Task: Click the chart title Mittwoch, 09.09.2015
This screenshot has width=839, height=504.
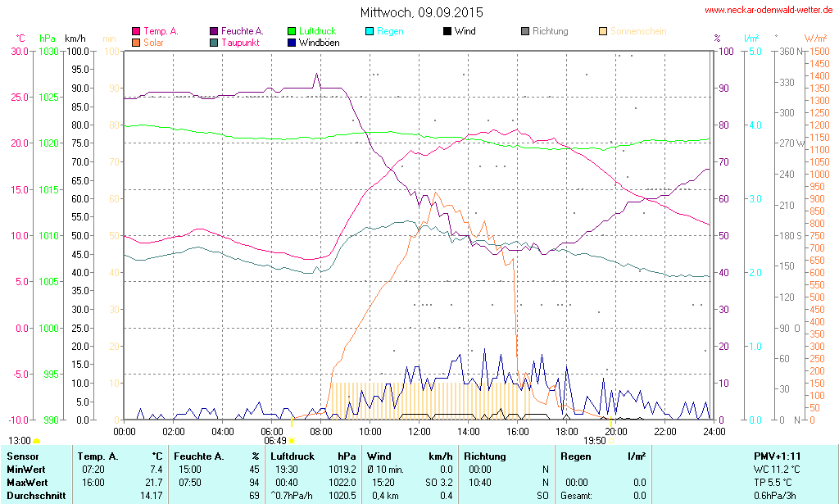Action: coord(421,12)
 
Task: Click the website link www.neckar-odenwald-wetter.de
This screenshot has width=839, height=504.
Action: coord(769,11)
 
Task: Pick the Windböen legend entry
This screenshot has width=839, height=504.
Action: coord(318,42)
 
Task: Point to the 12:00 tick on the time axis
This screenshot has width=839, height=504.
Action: coord(419,431)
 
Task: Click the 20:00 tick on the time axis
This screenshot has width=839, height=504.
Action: coord(616,431)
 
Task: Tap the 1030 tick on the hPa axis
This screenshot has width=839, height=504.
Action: coord(48,51)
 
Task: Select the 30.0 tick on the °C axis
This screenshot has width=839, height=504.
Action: coord(18,51)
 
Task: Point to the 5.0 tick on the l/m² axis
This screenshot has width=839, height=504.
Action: coord(754,51)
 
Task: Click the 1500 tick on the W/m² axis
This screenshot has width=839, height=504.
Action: coord(819,51)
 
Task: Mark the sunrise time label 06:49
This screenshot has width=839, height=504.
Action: coord(274,441)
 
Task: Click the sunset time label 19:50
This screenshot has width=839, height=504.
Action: coord(595,441)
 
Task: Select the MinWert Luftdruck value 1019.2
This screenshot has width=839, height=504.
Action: coord(342,470)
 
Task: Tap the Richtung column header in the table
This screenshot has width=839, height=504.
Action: coord(485,456)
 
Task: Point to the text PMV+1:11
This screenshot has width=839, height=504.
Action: coord(778,456)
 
